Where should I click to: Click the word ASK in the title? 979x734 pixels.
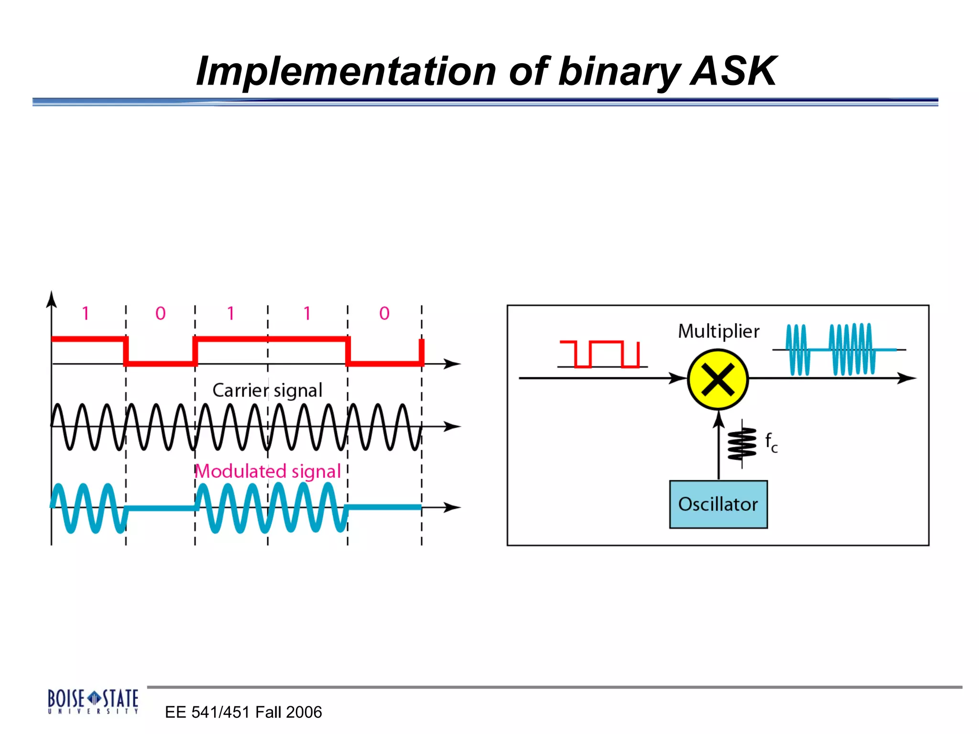coord(734,72)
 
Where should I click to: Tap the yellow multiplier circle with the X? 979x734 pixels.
coord(718,379)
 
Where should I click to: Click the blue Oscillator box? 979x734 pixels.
coord(718,504)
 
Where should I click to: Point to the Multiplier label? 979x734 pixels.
coord(718,331)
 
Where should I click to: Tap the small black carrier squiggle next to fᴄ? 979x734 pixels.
coord(742,443)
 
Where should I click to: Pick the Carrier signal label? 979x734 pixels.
coord(267,390)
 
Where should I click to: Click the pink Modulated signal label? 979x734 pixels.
coord(268,471)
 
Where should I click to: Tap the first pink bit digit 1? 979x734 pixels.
coord(86,313)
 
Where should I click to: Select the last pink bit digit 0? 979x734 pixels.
coord(384,313)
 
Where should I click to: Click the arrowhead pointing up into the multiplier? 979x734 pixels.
coord(718,419)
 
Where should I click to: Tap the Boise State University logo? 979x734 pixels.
coord(93,701)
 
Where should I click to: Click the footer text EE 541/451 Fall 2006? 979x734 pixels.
coord(243,712)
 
